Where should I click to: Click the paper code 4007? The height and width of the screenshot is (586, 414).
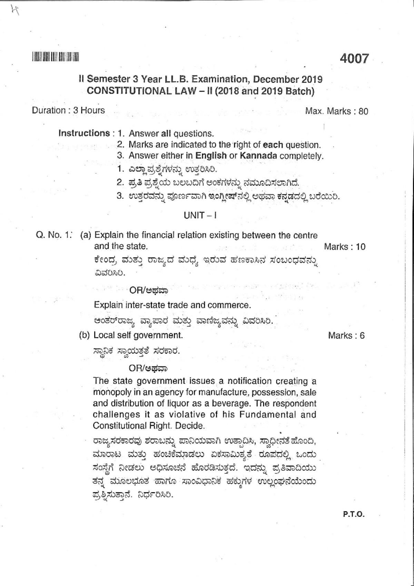[354, 58]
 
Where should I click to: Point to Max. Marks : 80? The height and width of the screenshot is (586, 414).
[336, 111]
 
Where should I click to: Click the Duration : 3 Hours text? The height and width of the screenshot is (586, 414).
[68, 111]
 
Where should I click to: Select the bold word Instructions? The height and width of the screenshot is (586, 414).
[84, 133]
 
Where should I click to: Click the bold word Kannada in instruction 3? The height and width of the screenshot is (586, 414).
[258, 156]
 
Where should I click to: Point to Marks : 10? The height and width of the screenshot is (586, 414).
[344, 247]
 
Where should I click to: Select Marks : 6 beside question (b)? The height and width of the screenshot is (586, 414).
[346, 336]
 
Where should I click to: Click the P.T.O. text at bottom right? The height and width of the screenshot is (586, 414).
[354, 514]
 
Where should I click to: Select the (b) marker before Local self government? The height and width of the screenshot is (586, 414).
[85, 335]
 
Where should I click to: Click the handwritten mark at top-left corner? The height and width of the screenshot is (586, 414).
[14, 11]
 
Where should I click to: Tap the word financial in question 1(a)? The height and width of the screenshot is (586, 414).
[159, 236]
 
